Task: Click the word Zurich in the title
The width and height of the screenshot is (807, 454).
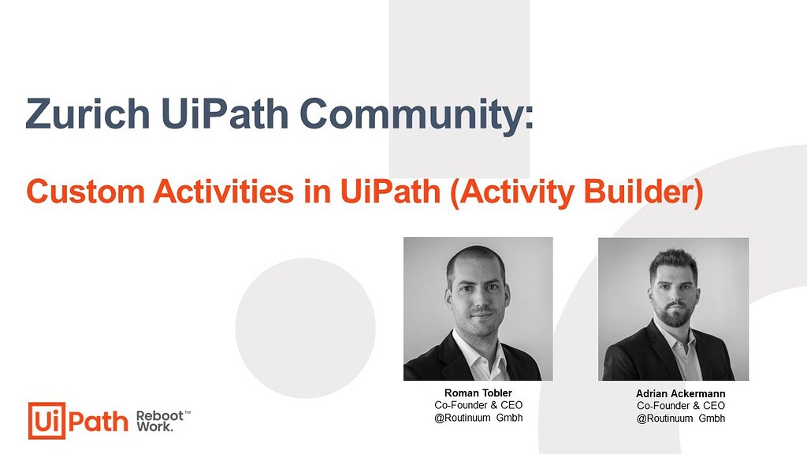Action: coord(87,113)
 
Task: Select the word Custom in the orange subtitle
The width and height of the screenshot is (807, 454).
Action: coord(85,192)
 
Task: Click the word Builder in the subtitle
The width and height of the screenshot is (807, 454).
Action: coord(643,192)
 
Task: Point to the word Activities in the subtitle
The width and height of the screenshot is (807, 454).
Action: coord(224,192)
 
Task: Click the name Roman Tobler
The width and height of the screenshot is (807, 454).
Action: coord(478,393)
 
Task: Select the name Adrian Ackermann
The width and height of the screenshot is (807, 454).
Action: coord(680,394)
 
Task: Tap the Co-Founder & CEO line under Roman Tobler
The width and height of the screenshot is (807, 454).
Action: coord(478,405)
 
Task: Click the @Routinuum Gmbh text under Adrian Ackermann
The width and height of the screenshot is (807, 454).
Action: coord(680,418)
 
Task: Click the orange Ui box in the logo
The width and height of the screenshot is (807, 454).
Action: coord(46,421)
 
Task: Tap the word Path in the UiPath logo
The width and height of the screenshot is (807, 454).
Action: coord(98,422)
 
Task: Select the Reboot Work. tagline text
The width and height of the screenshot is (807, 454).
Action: coord(162,421)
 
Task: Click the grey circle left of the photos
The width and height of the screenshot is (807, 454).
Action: coord(305,328)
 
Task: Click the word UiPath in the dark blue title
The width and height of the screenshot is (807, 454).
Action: coord(225,113)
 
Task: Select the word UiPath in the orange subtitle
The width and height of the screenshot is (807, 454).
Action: coord(390,192)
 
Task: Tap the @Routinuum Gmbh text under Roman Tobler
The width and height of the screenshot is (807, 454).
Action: coord(478,418)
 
